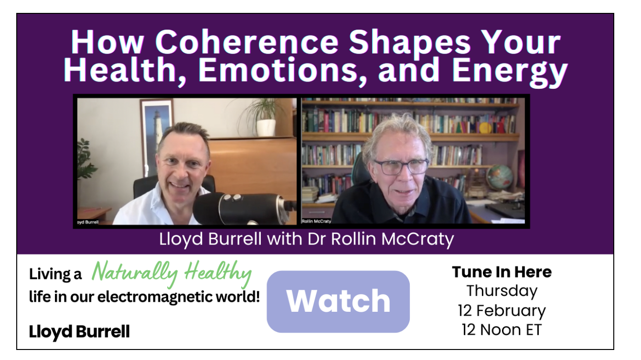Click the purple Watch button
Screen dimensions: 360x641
338,301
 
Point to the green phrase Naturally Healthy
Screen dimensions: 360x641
171,274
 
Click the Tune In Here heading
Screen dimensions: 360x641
502,272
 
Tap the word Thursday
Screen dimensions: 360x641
502,291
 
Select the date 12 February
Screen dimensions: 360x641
502,310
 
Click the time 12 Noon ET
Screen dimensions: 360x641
502,329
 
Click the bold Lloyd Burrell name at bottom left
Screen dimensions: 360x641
79,332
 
